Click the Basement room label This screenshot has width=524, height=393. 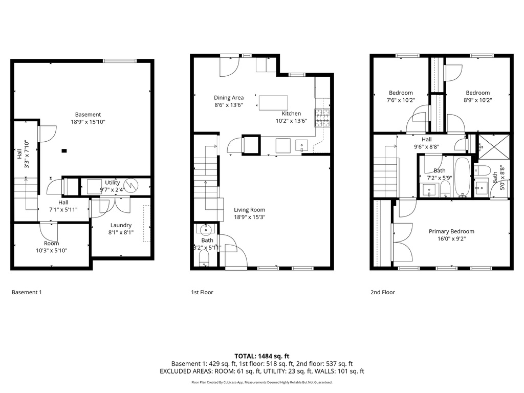88,115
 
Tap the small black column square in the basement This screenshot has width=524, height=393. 64,150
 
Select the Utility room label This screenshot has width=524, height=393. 112,183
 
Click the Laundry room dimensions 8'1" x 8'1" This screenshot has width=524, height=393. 121,232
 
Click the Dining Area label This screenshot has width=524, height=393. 229,97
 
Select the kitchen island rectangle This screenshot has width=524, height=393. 273,102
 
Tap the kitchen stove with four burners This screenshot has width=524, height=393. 322,118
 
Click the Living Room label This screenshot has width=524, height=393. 249,210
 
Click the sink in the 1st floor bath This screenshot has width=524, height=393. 205,228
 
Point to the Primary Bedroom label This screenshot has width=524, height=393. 451,231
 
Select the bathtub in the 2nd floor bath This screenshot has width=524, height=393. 463,177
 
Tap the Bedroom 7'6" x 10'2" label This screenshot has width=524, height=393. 401,93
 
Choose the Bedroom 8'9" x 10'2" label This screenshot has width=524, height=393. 477,93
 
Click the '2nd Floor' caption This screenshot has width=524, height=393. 383,293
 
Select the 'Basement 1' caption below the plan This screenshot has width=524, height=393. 27,293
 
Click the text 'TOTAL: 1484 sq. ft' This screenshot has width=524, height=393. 262,356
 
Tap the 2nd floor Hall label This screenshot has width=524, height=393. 426,139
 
